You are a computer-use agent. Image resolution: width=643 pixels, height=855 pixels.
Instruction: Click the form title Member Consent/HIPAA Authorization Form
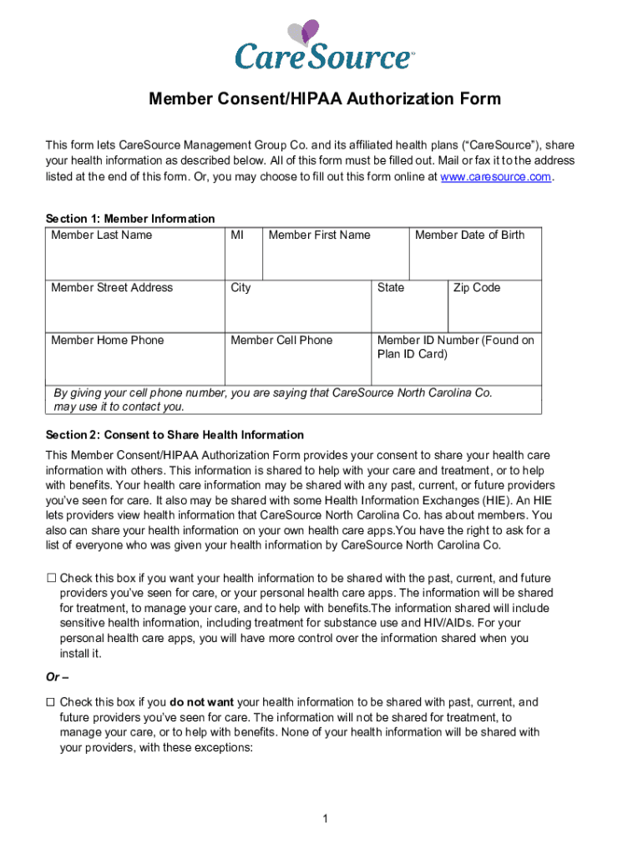pyautogui.click(x=325, y=99)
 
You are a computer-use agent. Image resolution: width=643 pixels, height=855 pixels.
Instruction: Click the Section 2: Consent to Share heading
pyautogui.click(x=175, y=435)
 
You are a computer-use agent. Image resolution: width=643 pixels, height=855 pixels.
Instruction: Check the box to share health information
pyautogui.click(x=51, y=578)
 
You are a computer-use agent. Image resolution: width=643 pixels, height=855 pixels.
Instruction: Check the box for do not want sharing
pyautogui.click(x=51, y=702)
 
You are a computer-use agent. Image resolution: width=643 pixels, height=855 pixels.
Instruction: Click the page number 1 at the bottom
pyautogui.click(x=325, y=819)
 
